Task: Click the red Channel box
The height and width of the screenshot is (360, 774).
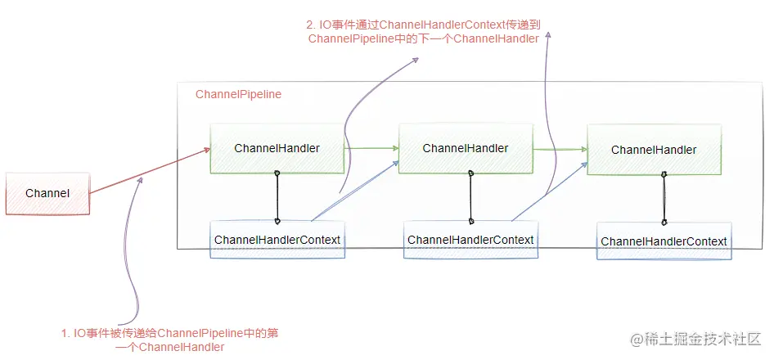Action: click(47, 194)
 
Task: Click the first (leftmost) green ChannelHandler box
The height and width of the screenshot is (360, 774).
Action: click(277, 148)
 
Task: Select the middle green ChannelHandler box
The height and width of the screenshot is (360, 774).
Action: click(466, 148)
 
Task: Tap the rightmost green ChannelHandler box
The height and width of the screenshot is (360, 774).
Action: click(654, 150)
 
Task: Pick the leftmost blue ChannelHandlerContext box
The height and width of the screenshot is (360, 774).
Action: click(277, 240)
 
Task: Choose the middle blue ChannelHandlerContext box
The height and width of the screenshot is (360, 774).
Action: click(470, 240)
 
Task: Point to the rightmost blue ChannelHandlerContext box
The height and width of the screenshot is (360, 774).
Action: click(664, 241)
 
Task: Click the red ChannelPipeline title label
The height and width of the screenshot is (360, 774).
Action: click(238, 94)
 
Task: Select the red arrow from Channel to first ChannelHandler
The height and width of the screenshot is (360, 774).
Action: click(147, 171)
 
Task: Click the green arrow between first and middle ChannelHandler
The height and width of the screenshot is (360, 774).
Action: click(371, 148)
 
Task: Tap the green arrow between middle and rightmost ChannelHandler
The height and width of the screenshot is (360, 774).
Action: click(560, 149)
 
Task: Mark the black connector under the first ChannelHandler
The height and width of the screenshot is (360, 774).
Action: click(277, 196)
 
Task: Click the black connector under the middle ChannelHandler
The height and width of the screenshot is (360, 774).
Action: click(470, 196)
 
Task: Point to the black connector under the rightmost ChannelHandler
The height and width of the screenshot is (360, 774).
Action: click(664, 197)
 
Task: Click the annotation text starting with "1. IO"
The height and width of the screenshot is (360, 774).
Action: click(176, 340)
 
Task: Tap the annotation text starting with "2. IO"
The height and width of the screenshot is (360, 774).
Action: click(424, 31)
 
